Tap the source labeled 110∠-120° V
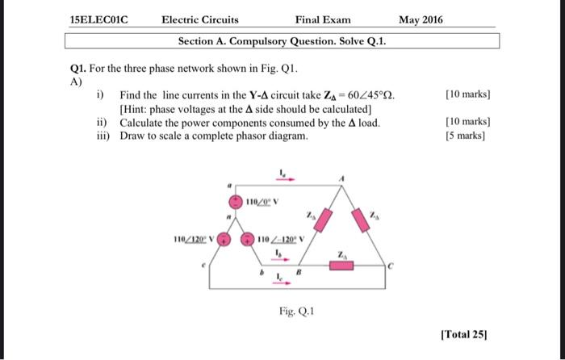(251, 240)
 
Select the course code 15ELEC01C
(100, 19)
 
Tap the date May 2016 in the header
(421, 19)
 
